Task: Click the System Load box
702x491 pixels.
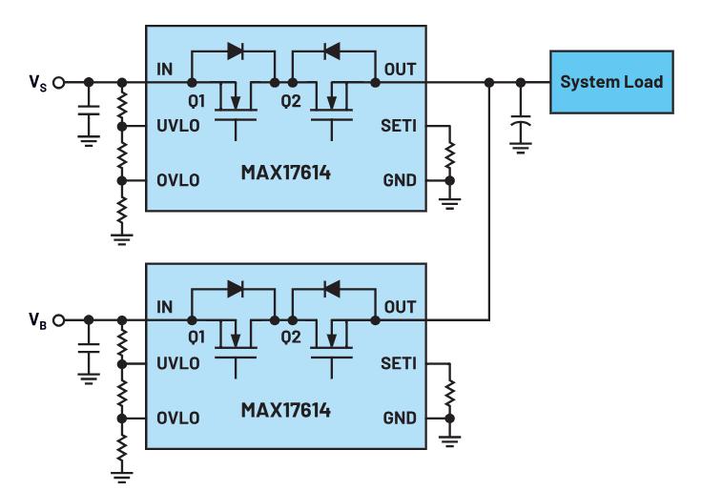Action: (611, 82)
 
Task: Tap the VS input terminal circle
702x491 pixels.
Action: (58, 83)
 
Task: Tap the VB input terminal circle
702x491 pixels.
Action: (58, 320)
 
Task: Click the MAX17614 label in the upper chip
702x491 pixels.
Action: (285, 173)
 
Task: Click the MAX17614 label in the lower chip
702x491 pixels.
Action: (285, 410)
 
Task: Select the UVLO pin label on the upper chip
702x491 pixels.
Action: (178, 126)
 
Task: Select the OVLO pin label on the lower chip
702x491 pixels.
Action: (178, 418)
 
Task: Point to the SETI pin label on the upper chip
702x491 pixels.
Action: (399, 126)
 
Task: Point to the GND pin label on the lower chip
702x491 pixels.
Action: (400, 418)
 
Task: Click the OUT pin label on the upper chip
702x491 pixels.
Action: (401, 70)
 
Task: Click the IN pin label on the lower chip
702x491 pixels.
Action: (164, 307)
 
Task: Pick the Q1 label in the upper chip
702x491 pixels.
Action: (196, 101)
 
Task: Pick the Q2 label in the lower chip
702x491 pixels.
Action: (291, 338)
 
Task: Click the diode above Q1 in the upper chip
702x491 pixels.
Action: (236, 51)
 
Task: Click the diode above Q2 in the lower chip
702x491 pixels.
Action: (332, 289)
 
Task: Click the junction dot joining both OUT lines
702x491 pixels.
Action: (489, 83)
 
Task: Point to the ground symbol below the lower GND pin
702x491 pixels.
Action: (450, 440)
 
